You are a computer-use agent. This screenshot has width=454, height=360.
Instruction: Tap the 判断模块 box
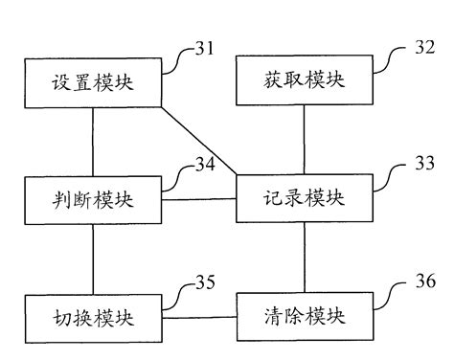93,200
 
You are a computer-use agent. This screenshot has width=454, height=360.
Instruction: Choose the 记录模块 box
305,200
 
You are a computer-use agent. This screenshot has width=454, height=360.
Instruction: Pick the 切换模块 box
93,315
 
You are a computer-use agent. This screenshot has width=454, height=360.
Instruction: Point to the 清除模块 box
305,315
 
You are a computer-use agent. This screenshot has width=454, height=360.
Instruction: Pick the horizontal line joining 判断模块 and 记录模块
199,199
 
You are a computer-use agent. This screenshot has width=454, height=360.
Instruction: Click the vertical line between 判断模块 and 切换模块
93,258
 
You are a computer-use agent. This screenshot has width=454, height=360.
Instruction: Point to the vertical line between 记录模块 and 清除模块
305,258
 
